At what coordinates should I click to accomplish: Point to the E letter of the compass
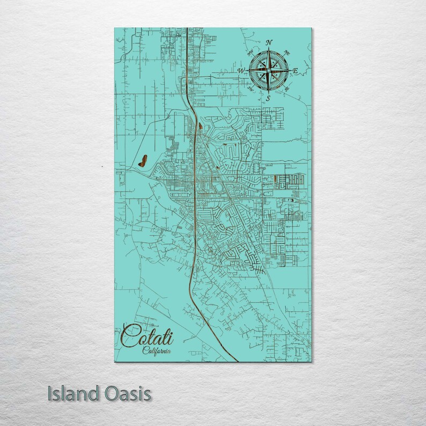pos(296,70)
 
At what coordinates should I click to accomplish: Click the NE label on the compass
pos(287,53)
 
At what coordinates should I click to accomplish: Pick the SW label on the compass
pos(251,89)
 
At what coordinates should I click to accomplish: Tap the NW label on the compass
pos(250,53)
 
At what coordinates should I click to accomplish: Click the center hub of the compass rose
pos(268,70)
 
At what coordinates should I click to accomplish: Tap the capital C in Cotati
pos(129,337)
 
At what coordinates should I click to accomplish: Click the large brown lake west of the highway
pos(143,160)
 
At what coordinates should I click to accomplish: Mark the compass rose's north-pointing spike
pos(268,54)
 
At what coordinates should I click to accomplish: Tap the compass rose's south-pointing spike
pos(268,88)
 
